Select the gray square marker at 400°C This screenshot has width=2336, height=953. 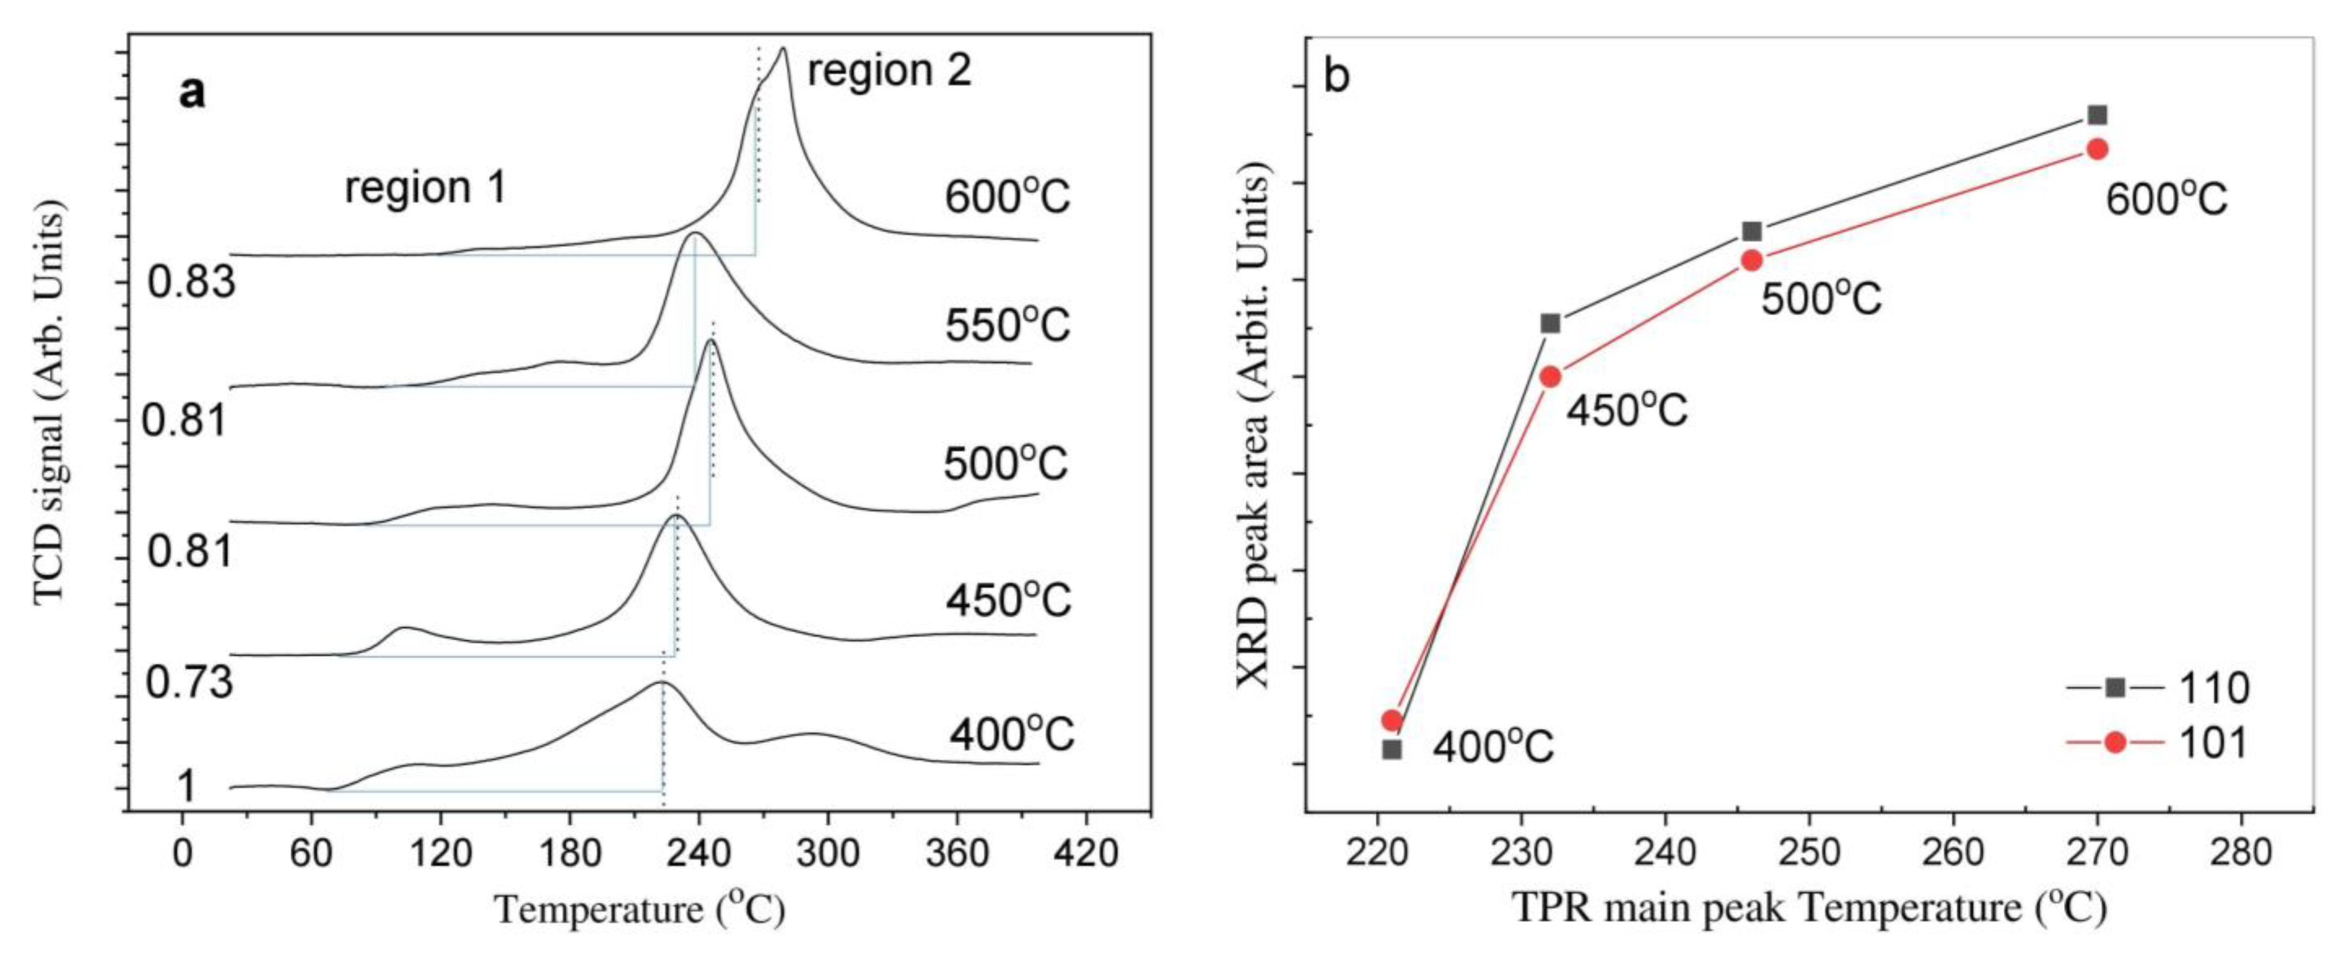click(x=1392, y=750)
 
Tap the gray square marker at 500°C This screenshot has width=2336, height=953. click(x=1752, y=231)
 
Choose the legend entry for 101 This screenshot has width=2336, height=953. click(x=2158, y=743)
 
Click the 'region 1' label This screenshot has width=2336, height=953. click(x=424, y=187)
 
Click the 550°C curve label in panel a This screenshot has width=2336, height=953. click(x=1006, y=325)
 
